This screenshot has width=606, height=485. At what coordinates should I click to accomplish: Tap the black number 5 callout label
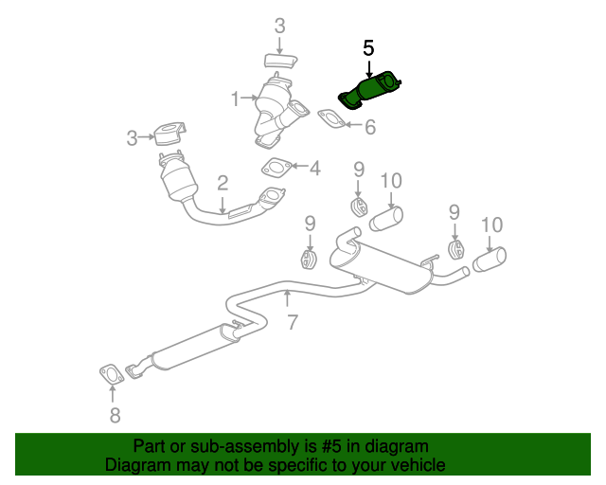coord(368,46)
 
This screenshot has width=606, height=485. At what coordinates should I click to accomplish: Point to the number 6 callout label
coord(370,126)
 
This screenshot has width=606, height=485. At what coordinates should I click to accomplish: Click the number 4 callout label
coord(314,169)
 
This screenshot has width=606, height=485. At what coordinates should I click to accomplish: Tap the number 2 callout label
coord(223,183)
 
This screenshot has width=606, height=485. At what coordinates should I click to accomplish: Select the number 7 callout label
coord(293,322)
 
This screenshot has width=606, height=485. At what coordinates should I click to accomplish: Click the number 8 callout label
coord(114,415)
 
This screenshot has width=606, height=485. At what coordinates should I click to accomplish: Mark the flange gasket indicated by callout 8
coord(113,375)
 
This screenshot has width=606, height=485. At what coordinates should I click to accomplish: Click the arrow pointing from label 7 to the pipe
coord(289,301)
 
